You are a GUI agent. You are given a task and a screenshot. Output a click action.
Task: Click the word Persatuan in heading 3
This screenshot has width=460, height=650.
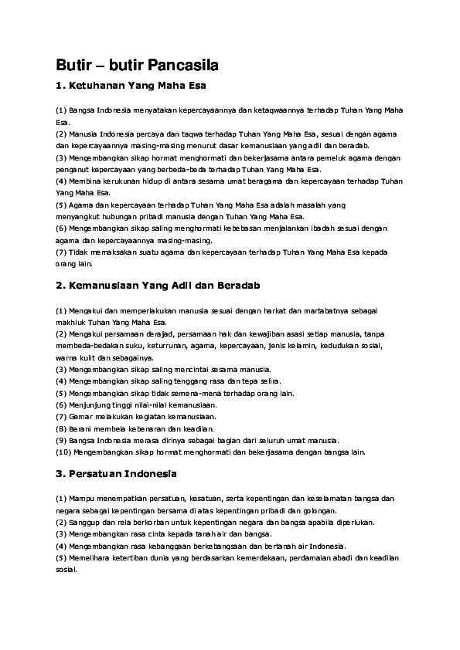coord(99,473)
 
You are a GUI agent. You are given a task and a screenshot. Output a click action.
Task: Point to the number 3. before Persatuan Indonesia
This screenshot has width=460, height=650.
coord(60,473)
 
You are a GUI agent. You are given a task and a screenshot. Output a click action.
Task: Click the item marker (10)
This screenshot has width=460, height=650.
coord(66,452)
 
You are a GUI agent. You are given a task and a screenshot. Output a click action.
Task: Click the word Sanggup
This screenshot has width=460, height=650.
coord(84,522)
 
